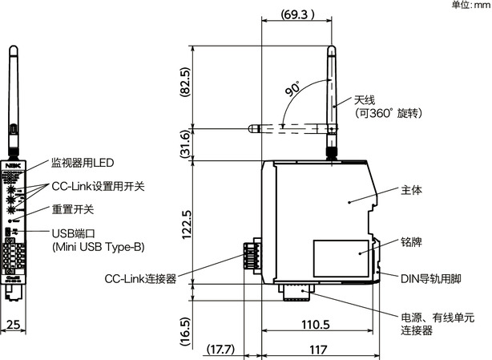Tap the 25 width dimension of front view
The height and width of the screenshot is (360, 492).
coord(14,325)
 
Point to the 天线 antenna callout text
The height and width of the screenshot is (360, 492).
coord(365,100)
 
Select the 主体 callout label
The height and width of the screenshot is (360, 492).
coord(411,191)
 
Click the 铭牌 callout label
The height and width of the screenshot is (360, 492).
coord(411,241)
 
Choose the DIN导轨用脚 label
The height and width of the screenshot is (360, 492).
coord(432,278)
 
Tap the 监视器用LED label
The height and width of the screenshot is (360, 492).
coord(83,163)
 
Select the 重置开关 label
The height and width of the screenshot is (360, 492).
coord(73,209)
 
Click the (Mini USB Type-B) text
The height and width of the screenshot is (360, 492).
coord(99,247)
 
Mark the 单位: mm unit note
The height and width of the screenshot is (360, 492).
coord(470,5)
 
